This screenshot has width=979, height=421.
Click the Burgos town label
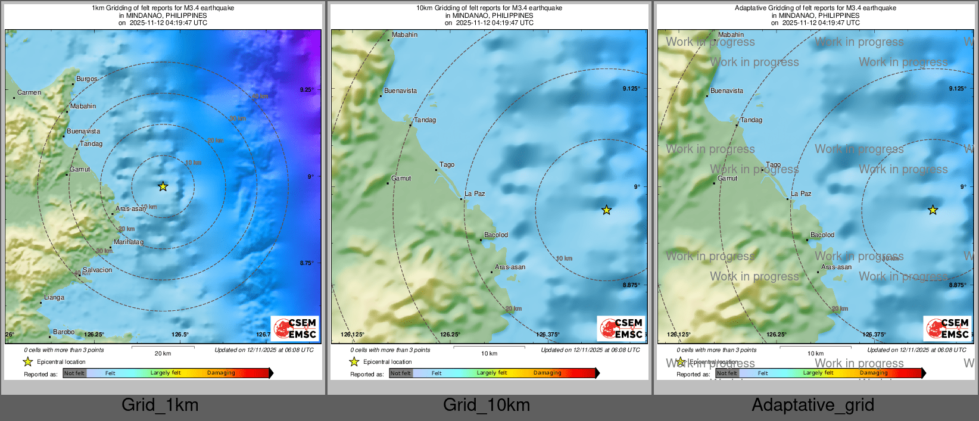pyautogui.click(x=86, y=79)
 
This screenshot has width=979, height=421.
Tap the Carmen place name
pyautogui.click(x=29, y=92)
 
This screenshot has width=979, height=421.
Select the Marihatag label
pyautogui.click(x=129, y=242)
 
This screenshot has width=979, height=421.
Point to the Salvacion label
pyautogui.click(x=97, y=270)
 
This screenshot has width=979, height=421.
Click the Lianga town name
pyautogui.click(x=54, y=297)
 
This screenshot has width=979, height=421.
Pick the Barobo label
pyautogui.click(x=64, y=332)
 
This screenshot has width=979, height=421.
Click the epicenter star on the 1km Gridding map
pyautogui.click(x=163, y=186)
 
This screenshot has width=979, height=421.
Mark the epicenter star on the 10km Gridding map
pyautogui.click(x=606, y=210)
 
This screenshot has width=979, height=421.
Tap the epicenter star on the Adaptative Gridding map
pyautogui.click(x=933, y=210)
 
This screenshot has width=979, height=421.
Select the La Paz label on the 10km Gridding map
pyautogui.click(x=475, y=194)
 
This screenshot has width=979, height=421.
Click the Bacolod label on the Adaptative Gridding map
pyautogui.click(x=822, y=235)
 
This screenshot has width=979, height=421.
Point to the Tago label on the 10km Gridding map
pyautogui.click(x=447, y=164)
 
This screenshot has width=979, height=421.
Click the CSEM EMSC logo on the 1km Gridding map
pyautogui.click(x=295, y=328)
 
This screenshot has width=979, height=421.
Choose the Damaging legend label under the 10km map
pyautogui.click(x=547, y=373)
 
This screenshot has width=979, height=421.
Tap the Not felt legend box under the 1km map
pyautogui.click(x=74, y=373)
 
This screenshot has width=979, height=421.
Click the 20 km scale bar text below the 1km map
pyautogui.click(x=163, y=353)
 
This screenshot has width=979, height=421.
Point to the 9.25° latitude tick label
pyautogui.click(x=306, y=89)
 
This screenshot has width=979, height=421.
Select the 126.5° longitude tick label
pyautogui.click(x=180, y=335)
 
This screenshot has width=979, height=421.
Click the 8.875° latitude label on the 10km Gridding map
pyautogui.click(x=631, y=285)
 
